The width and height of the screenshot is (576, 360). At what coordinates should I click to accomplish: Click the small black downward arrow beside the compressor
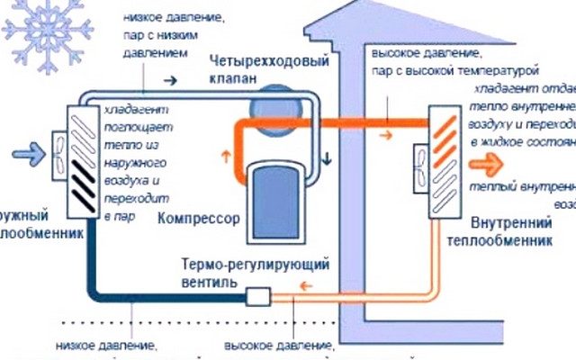[x=328, y=158]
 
